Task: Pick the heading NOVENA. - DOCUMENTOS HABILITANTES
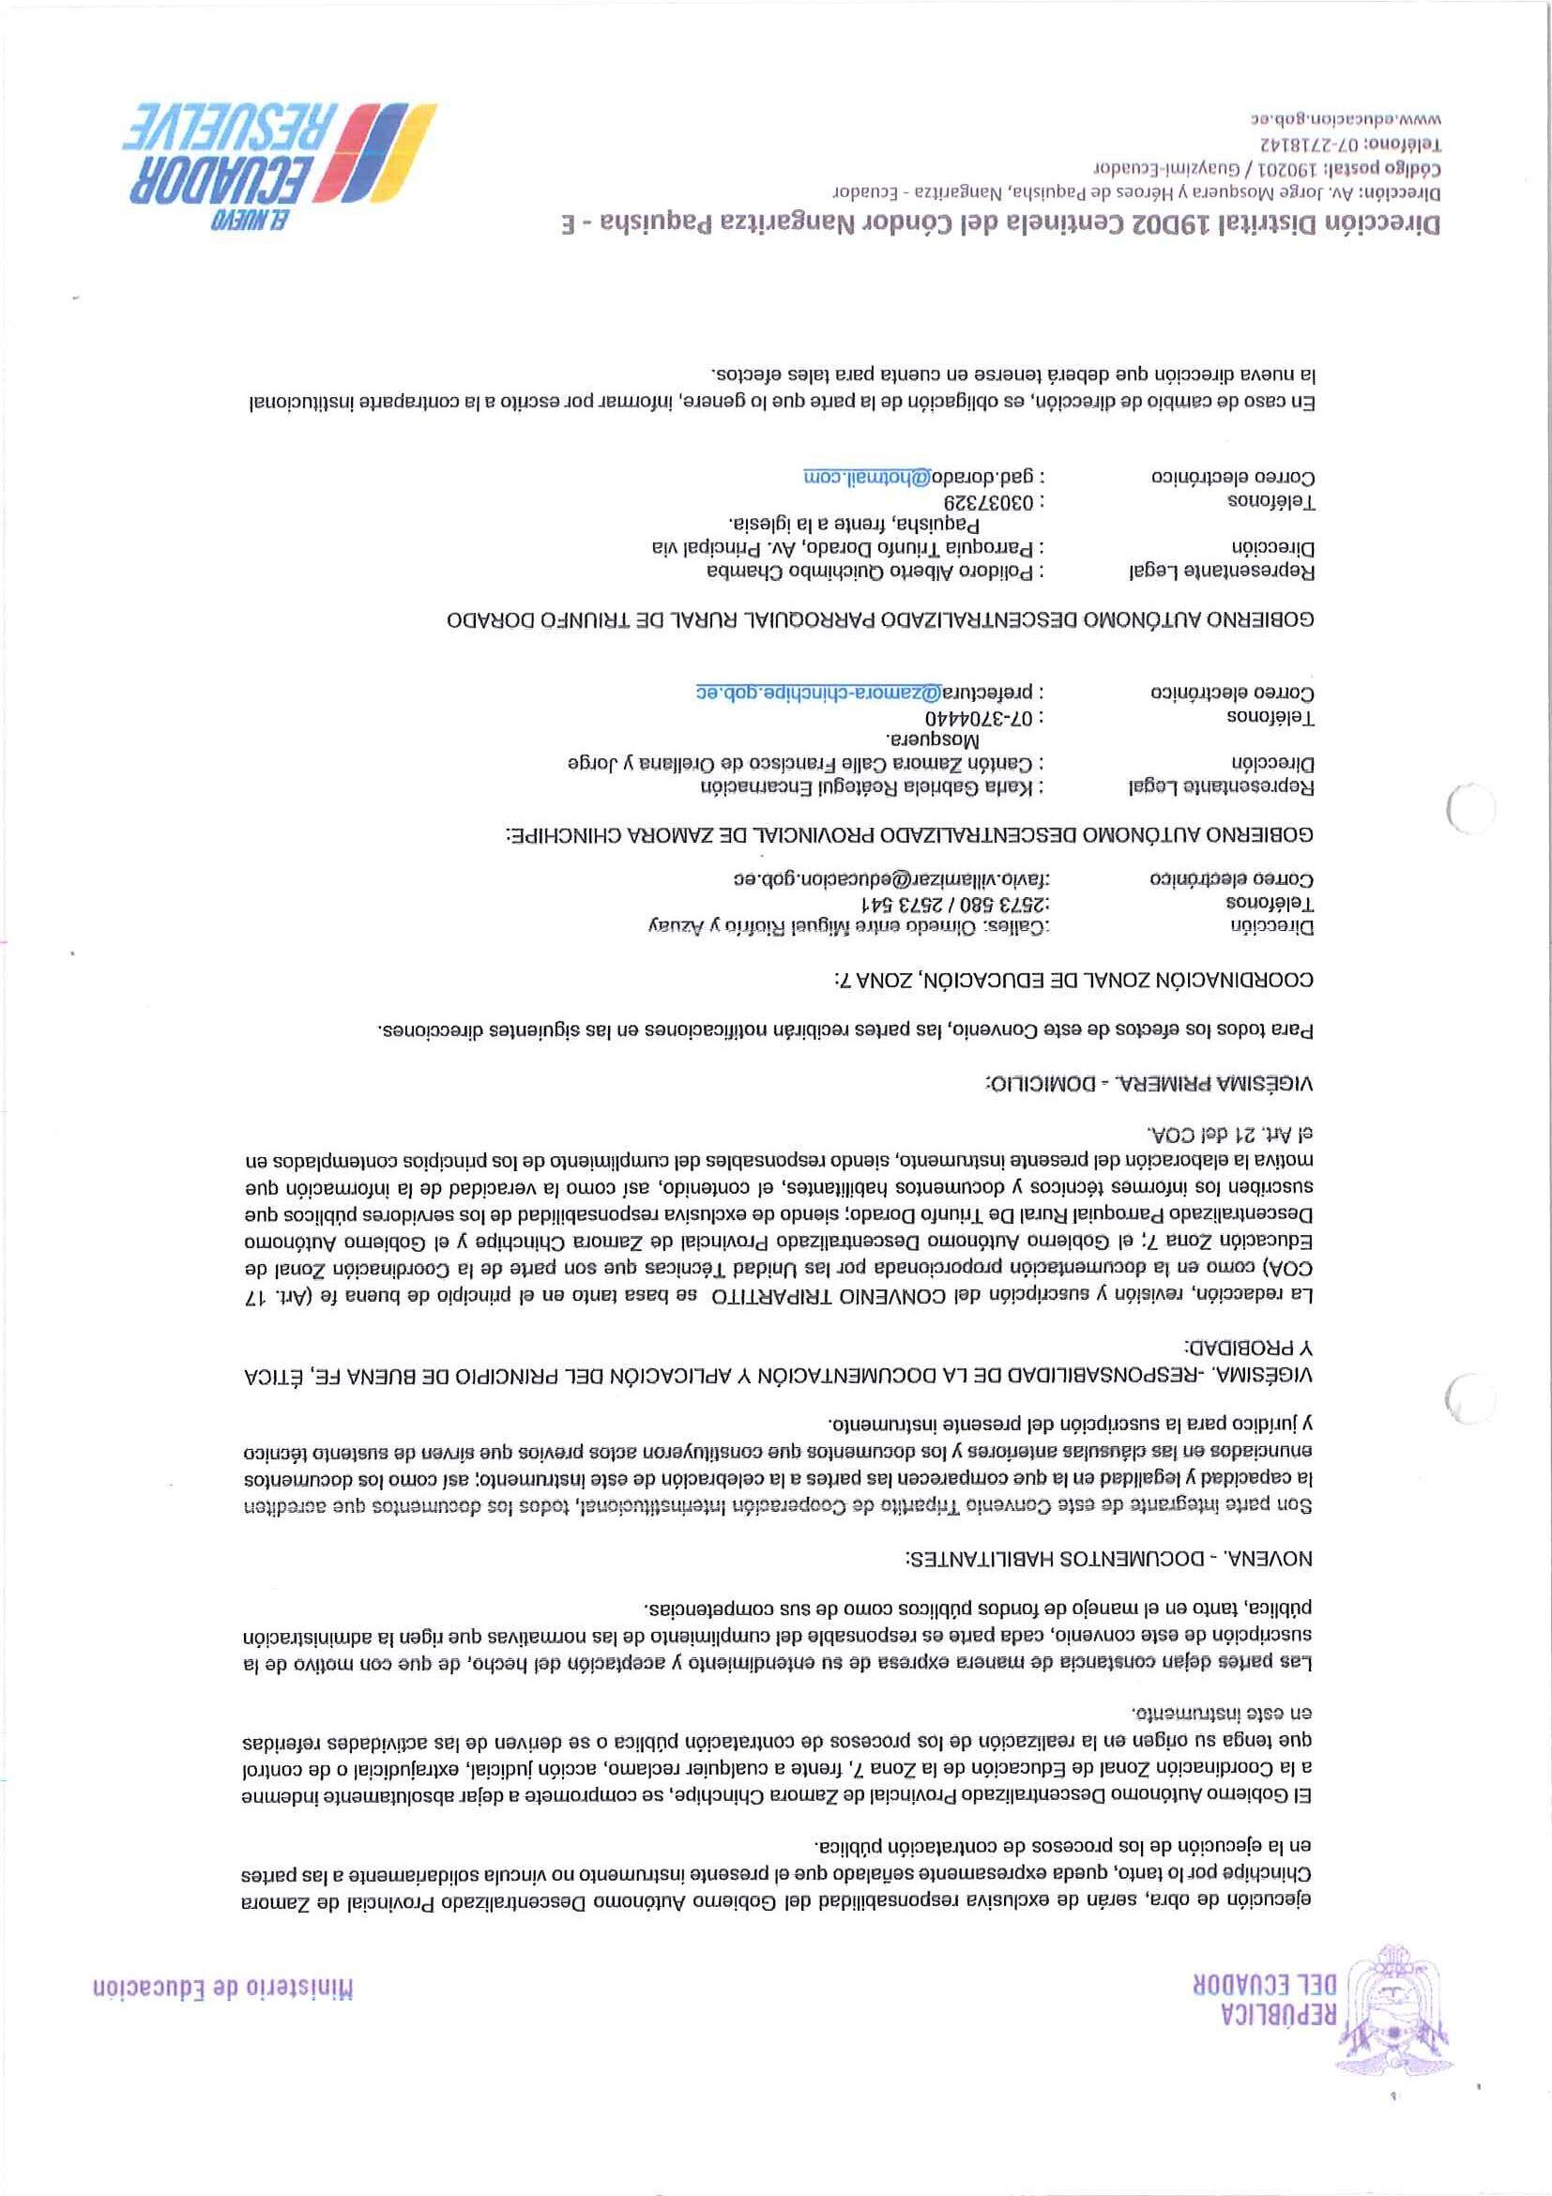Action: point(1109,1558)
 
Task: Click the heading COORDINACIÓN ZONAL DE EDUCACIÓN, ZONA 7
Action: point(1073,980)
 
